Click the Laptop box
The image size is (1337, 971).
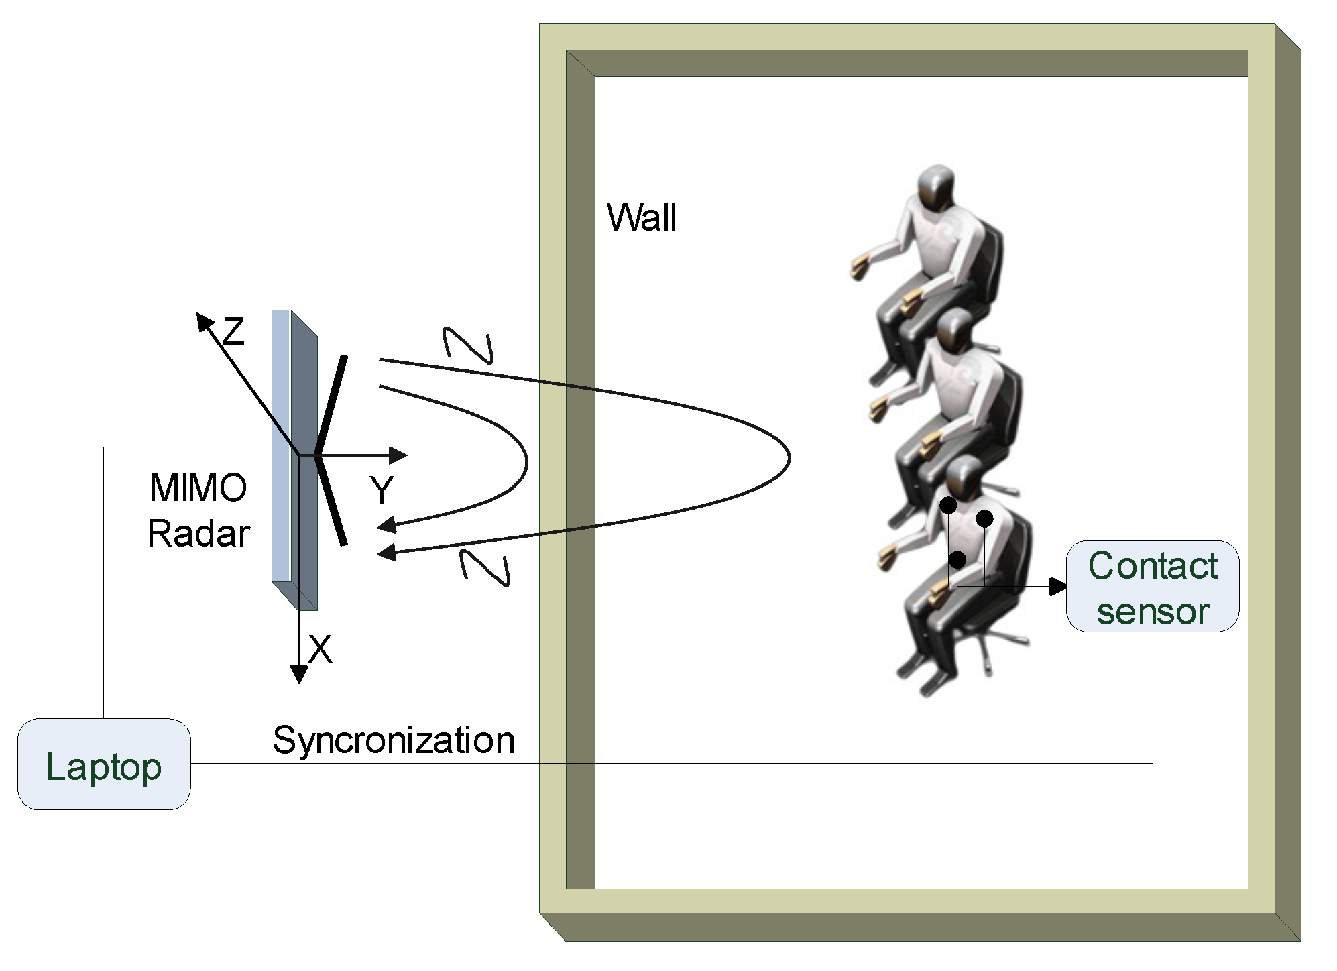click(104, 764)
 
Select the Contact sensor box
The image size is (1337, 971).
click(1152, 587)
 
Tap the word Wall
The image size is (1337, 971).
click(642, 217)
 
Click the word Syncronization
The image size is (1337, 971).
click(394, 740)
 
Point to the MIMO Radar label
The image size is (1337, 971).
click(198, 511)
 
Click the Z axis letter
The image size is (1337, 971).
click(233, 332)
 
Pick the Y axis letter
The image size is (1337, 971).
click(382, 490)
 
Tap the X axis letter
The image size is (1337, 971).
click(320, 649)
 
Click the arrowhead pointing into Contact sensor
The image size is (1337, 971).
click(1058, 587)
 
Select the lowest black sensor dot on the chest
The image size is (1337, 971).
click(957, 559)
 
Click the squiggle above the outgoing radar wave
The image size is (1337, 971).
click(469, 345)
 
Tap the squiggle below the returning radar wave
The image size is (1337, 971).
click(484, 567)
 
